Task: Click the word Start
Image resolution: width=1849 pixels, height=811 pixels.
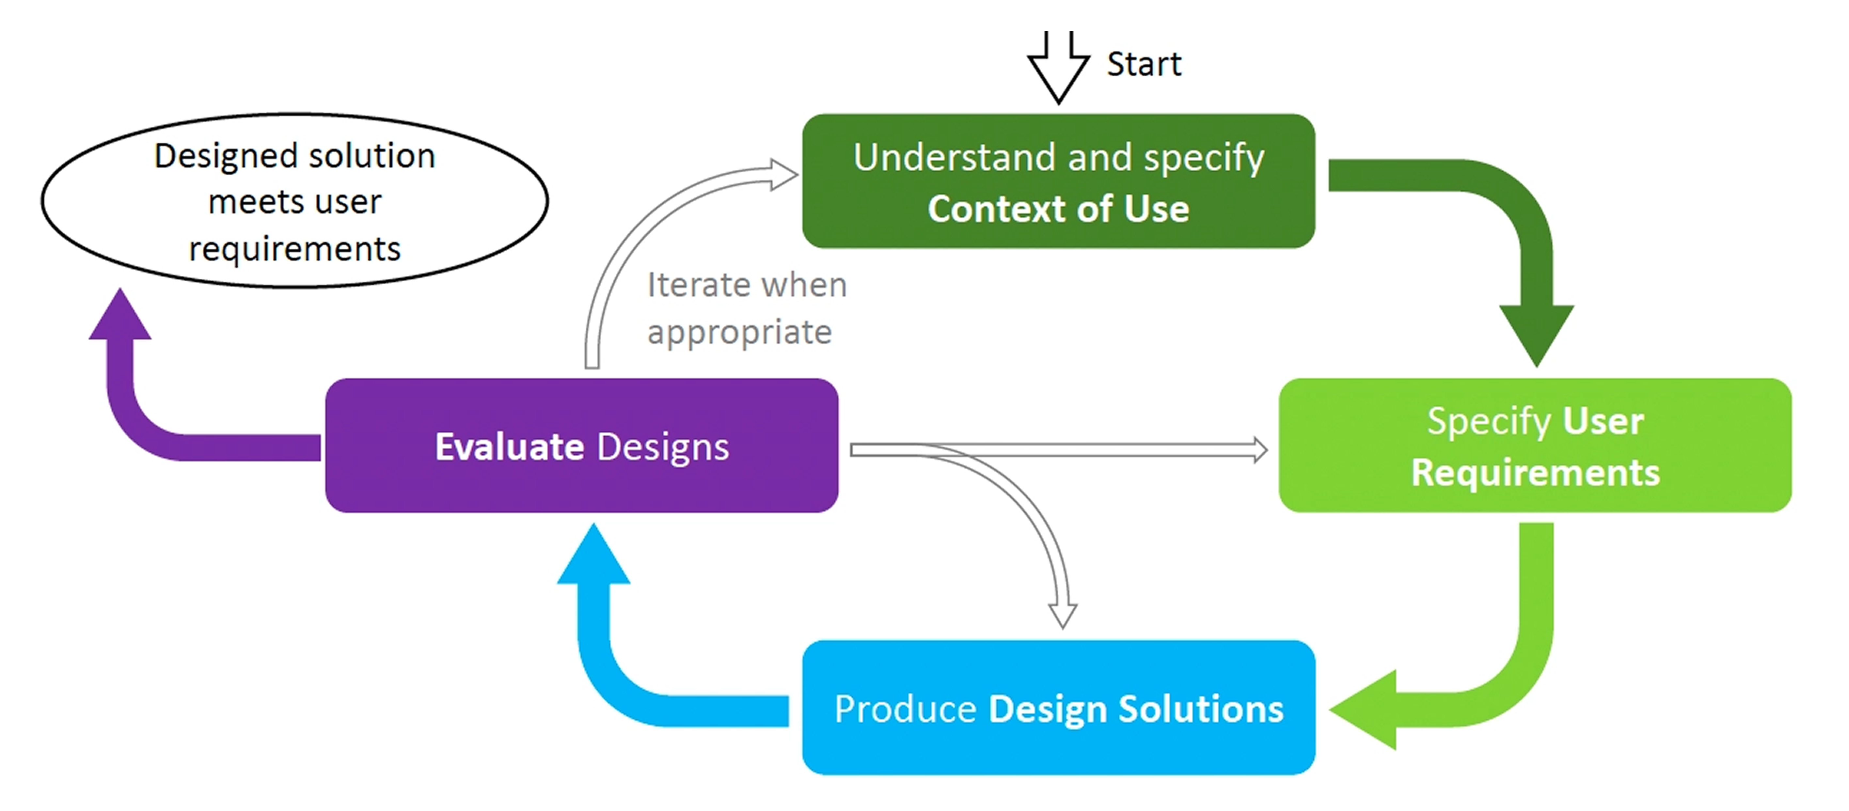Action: click(x=1144, y=65)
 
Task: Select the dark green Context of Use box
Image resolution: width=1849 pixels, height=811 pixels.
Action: click(x=1058, y=181)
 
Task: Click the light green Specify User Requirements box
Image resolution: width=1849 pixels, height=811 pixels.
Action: click(x=1535, y=445)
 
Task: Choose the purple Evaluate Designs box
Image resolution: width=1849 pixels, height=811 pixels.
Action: click(x=581, y=445)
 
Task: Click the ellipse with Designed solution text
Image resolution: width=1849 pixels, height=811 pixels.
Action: click(x=294, y=201)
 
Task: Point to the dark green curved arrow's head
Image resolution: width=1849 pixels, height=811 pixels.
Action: click(x=1536, y=334)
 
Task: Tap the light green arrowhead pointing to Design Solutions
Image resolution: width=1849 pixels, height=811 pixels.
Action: click(x=1364, y=709)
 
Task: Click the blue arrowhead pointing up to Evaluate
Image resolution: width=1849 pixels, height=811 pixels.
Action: click(x=593, y=556)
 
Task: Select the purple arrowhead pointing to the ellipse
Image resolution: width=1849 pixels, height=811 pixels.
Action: click(x=120, y=316)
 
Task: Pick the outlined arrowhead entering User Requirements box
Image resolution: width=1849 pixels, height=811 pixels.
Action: click(x=1260, y=450)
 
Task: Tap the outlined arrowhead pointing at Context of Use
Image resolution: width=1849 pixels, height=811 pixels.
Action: click(x=784, y=174)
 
